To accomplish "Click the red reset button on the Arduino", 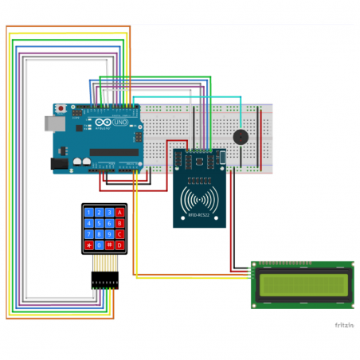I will tap(61, 108).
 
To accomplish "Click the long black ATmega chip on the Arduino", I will tap(113, 152).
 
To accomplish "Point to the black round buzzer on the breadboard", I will tap(238, 136).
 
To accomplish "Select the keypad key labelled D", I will tap(120, 245).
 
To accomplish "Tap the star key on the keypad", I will tap(88, 245).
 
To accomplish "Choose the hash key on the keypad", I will tap(110, 245).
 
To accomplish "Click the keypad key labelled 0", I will tap(99, 245).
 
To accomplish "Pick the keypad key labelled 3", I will tap(110, 213).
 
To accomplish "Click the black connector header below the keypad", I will tap(104, 280).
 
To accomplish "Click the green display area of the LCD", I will tap(303, 284).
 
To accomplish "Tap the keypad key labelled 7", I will tap(88, 234).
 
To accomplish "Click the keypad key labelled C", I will tap(120, 234).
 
